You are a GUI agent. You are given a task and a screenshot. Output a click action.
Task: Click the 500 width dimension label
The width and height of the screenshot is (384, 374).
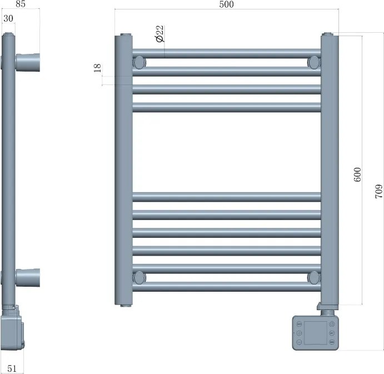tap(226, 4)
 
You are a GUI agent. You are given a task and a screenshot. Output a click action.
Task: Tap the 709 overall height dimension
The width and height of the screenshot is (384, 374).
tap(378, 191)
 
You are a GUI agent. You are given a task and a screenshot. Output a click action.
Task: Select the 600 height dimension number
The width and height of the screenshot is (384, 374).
tap(357, 174)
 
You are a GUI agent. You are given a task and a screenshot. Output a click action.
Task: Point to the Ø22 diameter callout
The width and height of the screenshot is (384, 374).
tap(160, 33)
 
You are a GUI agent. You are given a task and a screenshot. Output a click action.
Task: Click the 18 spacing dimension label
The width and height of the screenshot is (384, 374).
tap(97, 68)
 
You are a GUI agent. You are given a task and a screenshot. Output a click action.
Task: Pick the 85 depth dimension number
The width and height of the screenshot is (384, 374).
tap(21, 4)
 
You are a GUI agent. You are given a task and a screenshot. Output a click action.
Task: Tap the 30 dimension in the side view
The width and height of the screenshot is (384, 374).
tap(8, 18)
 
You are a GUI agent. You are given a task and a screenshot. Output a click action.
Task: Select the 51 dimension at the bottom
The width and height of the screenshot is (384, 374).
tap(12, 368)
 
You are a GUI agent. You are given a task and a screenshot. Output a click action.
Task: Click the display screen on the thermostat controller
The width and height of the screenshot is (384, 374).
tap(316, 333)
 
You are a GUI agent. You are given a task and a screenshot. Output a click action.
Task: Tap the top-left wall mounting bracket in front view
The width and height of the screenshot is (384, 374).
tap(139, 62)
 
